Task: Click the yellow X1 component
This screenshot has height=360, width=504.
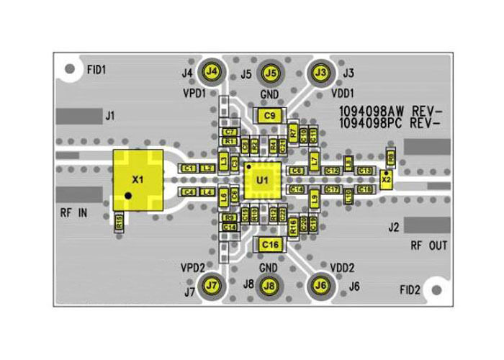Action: [138, 179]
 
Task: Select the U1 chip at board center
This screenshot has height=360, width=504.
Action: [261, 180]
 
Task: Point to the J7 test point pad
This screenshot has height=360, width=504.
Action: [212, 285]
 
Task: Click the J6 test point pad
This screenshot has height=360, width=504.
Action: [321, 285]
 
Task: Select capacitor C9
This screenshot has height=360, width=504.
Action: [270, 115]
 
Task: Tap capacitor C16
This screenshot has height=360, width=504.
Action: [270, 245]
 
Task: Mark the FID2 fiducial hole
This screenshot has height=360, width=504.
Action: [436, 290]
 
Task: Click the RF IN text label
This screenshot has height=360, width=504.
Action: [73, 212]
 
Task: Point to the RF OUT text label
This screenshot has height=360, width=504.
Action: [429, 246]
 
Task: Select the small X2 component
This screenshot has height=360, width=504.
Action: [387, 179]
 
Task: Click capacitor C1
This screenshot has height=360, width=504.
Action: [189, 168]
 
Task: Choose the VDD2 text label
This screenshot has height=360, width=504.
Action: [341, 267]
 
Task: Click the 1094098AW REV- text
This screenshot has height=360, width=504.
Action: [390, 112]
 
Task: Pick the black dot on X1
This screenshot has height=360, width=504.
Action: [127, 195]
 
